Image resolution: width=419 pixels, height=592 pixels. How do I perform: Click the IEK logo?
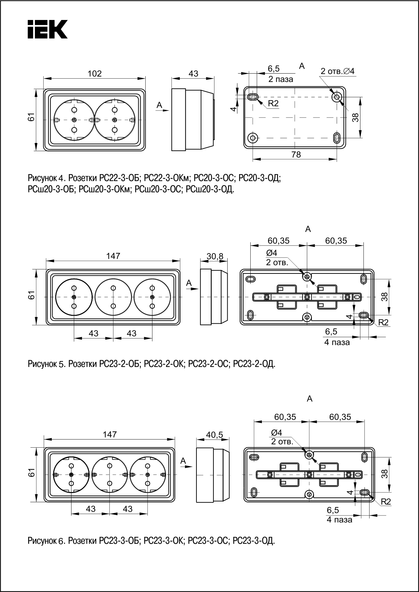47,29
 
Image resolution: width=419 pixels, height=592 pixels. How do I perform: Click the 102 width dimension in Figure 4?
95,74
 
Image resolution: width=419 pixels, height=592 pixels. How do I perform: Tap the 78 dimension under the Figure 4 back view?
296,155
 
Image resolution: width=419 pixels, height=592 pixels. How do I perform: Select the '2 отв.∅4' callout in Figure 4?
337,72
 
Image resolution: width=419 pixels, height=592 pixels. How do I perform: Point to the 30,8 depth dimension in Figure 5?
215,257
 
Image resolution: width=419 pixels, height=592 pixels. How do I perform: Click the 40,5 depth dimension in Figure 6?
214,435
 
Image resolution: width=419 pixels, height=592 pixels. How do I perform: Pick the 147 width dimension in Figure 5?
113,256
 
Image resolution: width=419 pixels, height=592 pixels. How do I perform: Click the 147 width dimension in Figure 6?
110,434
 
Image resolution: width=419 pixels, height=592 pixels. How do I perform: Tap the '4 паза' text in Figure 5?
337,342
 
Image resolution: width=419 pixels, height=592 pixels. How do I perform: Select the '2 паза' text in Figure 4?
281,79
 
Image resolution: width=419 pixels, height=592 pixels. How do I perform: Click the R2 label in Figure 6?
386,502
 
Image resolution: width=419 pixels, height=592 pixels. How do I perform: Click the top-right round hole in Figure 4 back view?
336,97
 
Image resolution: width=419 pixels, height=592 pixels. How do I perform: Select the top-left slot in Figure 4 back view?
253,97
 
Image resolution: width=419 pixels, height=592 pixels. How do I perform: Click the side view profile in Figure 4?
193,120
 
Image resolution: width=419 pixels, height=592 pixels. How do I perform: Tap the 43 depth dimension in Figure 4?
193,74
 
